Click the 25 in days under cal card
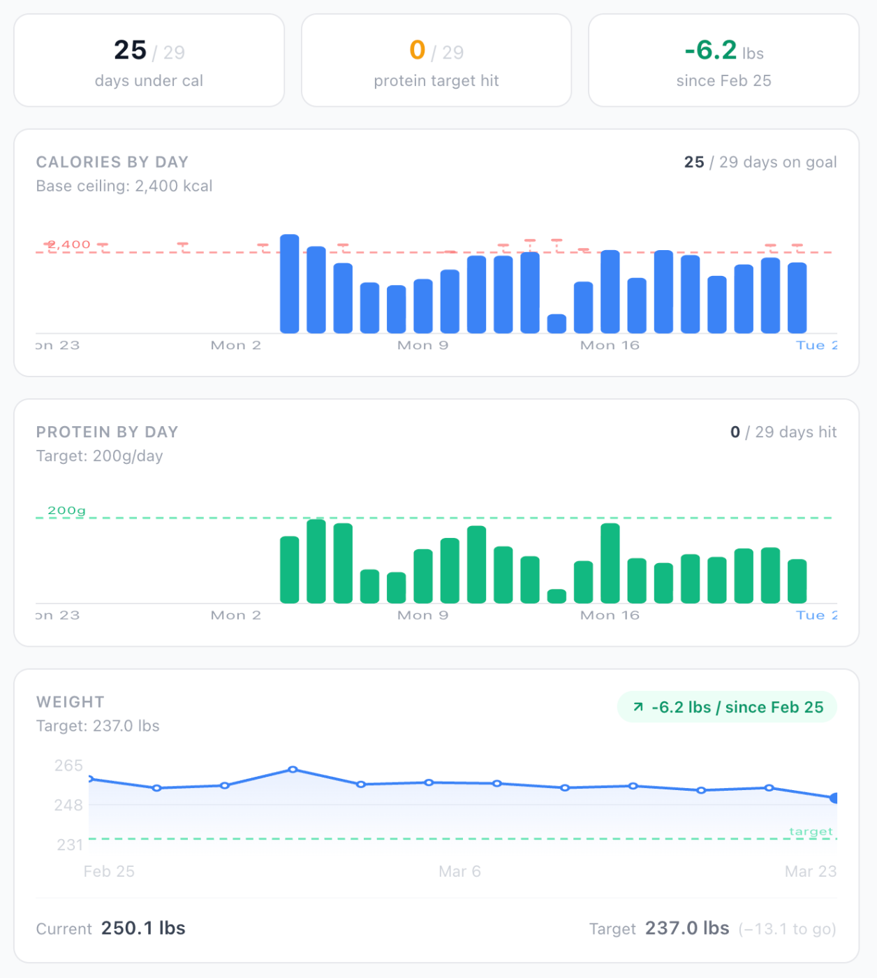click(130, 50)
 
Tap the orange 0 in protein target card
click(417, 50)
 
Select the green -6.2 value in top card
click(710, 50)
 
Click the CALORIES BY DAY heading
click(112, 162)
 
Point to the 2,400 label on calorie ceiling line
click(68, 245)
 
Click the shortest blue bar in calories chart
click(557, 323)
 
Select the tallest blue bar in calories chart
click(289, 284)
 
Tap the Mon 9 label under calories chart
click(422, 345)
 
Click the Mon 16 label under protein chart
click(610, 615)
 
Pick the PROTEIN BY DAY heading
click(107, 432)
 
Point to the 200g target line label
click(66, 511)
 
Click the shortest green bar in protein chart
click(557, 596)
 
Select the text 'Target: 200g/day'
click(99, 456)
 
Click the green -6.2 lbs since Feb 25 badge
click(727, 707)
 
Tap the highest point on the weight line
click(293, 769)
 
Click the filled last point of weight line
click(834, 798)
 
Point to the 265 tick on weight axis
click(68, 766)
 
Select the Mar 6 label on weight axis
click(459, 872)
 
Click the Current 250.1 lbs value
click(143, 928)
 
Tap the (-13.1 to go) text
click(787, 929)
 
